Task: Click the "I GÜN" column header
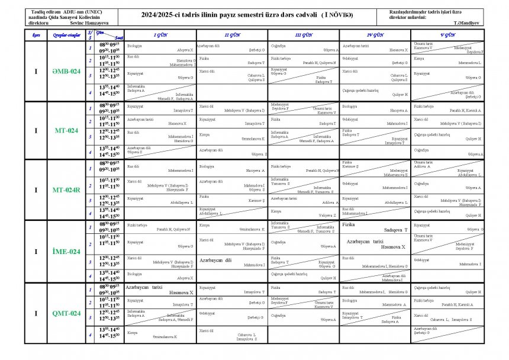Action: click(161, 36)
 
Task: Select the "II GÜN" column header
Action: click(232, 36)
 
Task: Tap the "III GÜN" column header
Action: click(304, 36)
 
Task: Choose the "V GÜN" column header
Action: click(448, 36)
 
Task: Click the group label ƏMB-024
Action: click(66, 71)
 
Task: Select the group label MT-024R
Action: click(66, 190)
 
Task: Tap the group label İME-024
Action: click(66, 252)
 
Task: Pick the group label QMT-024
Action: click(66, 313)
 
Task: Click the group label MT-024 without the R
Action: click(66, 130)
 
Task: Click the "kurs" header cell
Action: click(36, 36)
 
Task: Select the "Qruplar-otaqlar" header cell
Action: click(66, 36)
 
